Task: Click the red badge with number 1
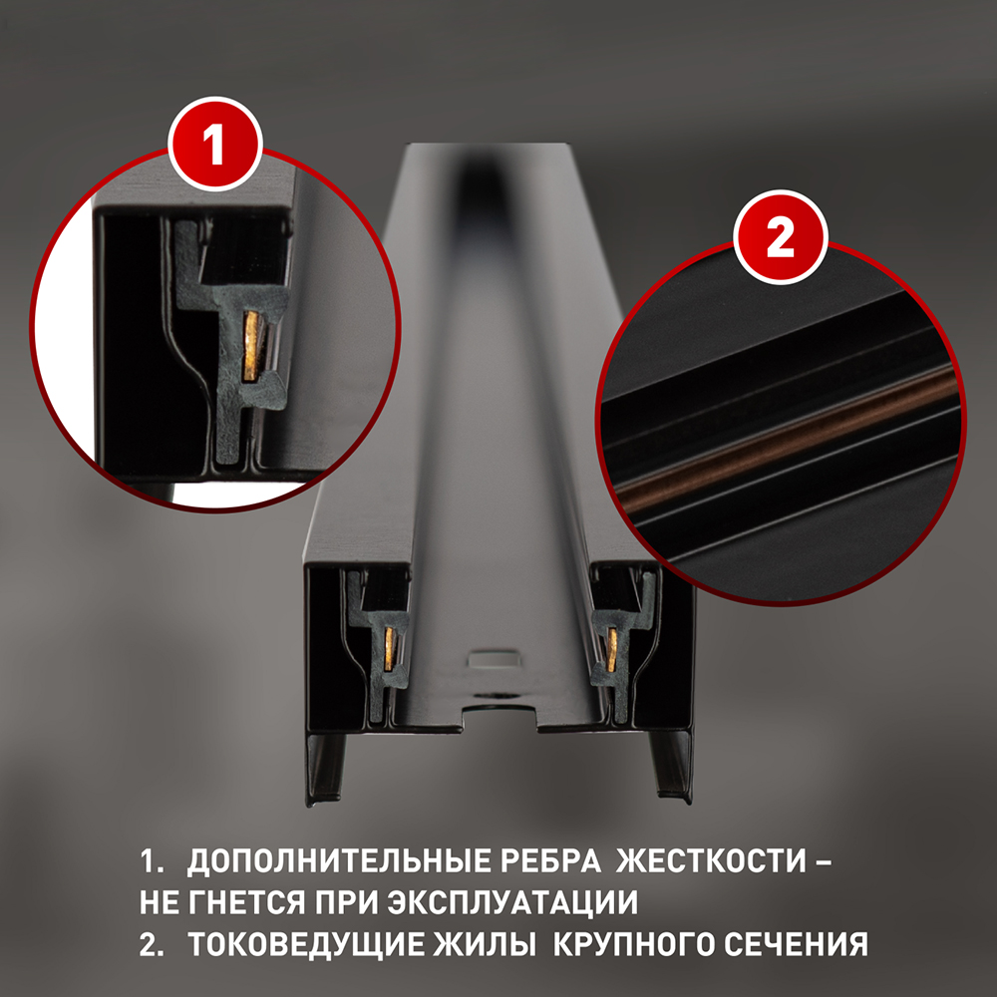click(x=215, y=145)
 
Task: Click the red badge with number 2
click(x=781, y=237)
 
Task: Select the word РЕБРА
click(x=550, y=861)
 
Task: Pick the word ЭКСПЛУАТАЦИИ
click(x=512, y=903)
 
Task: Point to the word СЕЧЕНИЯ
click(x=796, y=944)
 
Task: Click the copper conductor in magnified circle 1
click(x=254, y=347)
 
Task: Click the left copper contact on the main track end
click(x=389, y=649)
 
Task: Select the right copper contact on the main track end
click(x=612, y=650)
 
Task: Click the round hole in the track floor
click(x=498, y=696)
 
